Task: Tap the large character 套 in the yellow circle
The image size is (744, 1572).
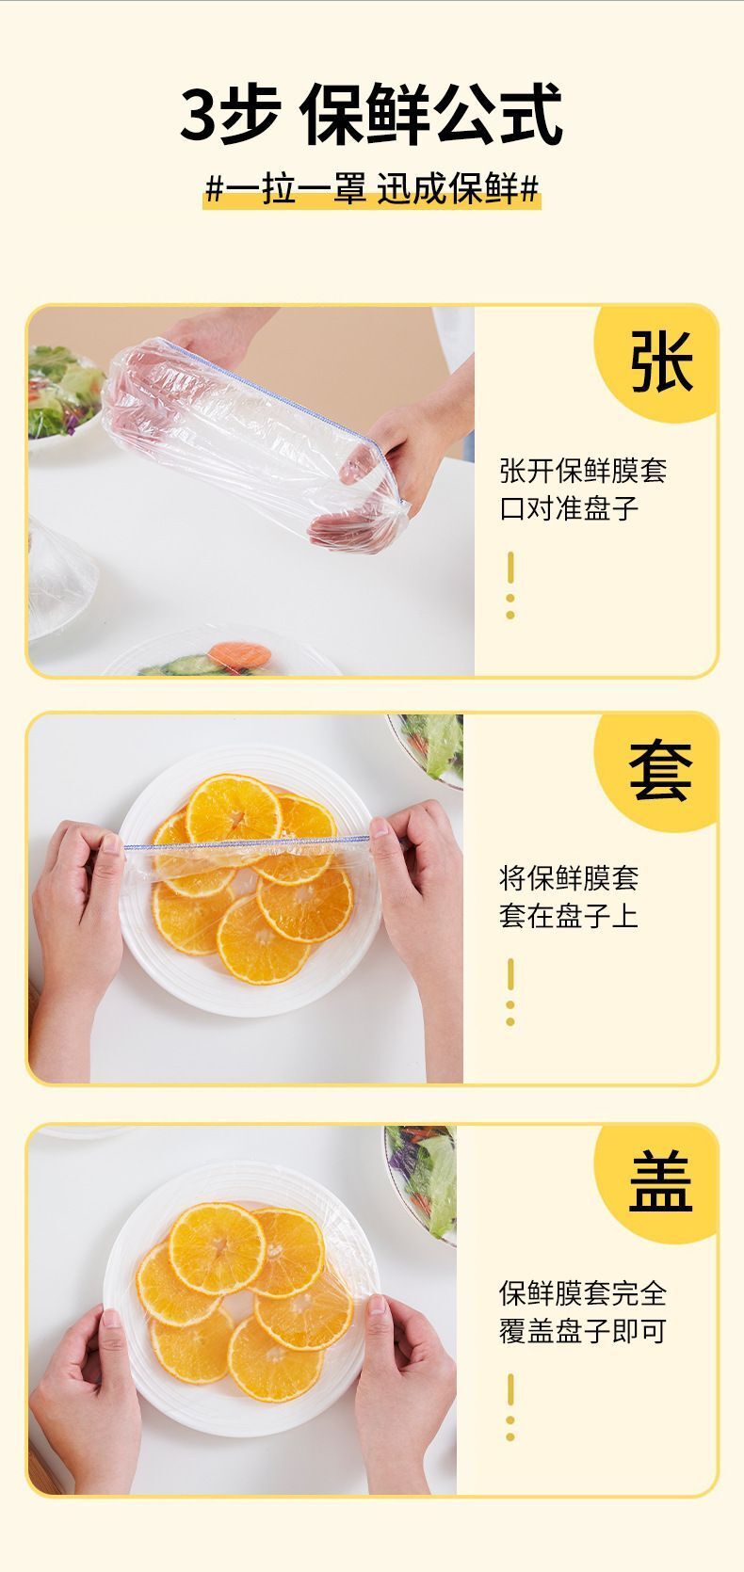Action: coord(662,770)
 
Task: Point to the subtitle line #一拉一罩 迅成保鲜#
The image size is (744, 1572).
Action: coord(372,189)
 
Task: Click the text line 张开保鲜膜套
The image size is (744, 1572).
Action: coord(583,470)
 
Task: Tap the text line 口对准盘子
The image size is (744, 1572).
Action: coord(569,508)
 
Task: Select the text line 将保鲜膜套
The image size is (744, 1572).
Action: coord(569,878)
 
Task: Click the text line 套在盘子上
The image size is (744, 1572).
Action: coord(569,916)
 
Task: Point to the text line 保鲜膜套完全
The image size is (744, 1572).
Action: coord(583,1293)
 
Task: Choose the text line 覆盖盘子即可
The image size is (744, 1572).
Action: coord(583,1331)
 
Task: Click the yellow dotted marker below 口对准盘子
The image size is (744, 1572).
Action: coord(510,585)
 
